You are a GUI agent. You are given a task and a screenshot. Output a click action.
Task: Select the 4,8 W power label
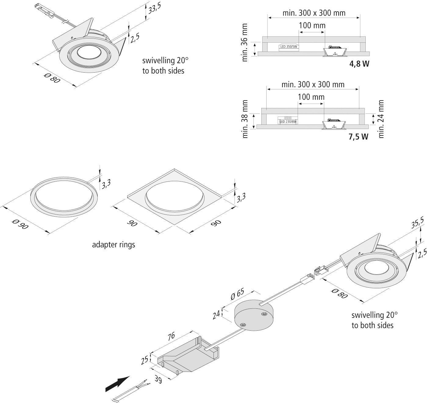pos(359,64)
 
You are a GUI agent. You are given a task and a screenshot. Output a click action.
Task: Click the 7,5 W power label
pos(358,137)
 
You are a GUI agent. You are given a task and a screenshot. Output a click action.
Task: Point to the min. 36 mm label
pos(244,43)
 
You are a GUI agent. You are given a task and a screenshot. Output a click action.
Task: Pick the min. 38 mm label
pos(244,119)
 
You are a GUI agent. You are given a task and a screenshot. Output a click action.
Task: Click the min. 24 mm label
pos(381,119)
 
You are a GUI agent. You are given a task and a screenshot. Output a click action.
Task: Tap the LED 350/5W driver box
pos(289,47)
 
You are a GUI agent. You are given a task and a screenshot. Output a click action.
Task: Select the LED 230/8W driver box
pos(288,121)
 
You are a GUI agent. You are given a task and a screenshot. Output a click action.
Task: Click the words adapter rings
pos(113,245)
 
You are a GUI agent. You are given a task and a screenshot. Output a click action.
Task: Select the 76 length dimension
pos(171,336)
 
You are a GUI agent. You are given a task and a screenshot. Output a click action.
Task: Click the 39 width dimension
pos(158,379)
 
